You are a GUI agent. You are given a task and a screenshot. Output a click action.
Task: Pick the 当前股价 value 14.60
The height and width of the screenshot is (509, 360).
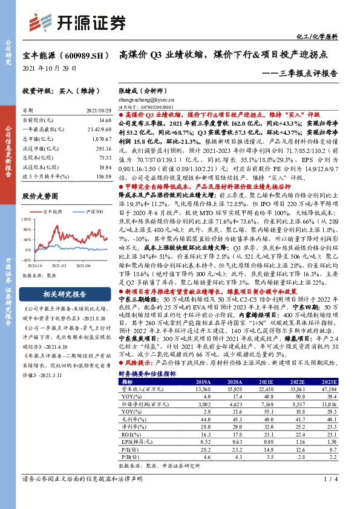pyautogui.click(x=105, y=121)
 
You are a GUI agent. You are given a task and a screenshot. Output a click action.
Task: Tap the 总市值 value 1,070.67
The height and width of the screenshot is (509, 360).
pyautogui.click(x=102, y=138)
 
